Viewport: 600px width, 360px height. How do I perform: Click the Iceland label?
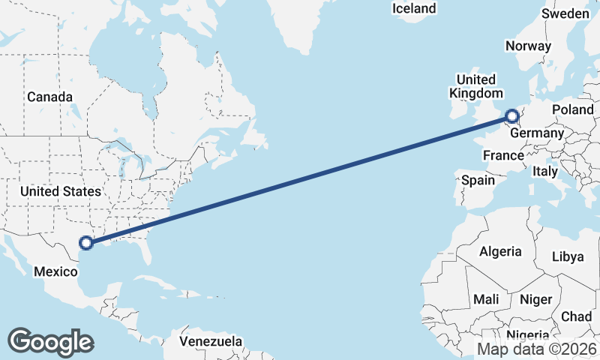[414, 8]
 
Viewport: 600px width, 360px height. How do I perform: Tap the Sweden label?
[565, 13]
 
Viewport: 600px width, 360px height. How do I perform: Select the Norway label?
[528, 46]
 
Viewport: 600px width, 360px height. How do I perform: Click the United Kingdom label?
[476, 86]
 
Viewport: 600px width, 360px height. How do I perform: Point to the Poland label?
[572, 109]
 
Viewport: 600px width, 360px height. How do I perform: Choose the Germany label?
[536, 133]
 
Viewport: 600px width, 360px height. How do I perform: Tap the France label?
[502, 155]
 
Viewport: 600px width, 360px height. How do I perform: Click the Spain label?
[478, 180]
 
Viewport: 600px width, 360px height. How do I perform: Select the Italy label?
[545, 171]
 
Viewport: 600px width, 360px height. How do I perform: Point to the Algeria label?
[499, 251]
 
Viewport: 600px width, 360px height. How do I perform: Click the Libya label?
[567, 256]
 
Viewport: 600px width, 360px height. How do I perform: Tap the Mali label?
[486, 299]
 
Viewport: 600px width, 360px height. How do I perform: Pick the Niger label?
[535, 299]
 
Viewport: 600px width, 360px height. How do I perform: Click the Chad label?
[576, 316]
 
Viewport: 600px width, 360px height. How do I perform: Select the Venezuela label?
[211, 341]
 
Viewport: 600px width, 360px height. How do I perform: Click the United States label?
[60, 191]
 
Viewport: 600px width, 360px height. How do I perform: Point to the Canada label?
[49, 97]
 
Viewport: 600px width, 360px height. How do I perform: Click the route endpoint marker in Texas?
[86, 242]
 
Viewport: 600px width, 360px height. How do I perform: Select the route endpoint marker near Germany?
[511, 116]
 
